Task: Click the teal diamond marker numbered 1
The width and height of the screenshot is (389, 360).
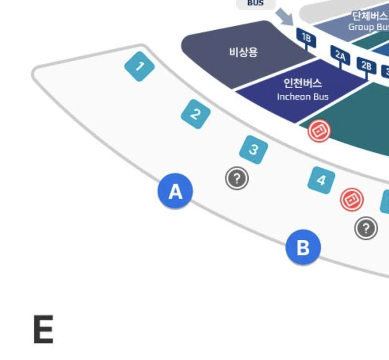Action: tap(139, 66)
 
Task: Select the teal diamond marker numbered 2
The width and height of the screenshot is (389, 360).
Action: tap(196, 114)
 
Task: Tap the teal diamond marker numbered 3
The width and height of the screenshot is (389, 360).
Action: tap(253, 149)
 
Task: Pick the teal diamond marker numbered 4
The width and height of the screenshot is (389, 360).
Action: tap(321, 180)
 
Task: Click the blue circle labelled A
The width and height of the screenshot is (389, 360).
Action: tap(175, 191)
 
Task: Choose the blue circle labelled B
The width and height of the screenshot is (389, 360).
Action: tap(303, 248)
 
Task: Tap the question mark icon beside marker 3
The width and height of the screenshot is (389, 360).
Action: tap(237, 178)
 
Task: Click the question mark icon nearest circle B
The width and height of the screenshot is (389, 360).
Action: tap(366, 228)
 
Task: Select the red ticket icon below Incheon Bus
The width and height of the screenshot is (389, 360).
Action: tap(319, 130)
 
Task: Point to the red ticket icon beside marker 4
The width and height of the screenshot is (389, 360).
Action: tap(352, 200)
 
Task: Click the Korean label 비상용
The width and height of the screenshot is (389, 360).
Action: tap(244, 53)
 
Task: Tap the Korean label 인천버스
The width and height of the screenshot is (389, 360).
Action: tap(303, 83)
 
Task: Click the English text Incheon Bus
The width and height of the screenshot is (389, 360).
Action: tap(303, 96)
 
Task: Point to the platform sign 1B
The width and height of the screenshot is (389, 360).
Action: tap(306, 38)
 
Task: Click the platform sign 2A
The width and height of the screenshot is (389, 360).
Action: tap(340, 55)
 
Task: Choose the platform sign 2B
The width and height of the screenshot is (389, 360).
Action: tap(366, 65)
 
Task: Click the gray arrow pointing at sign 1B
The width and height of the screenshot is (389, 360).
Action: tap(284, 18)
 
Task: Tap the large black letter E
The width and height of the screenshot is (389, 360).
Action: tap(43, 329)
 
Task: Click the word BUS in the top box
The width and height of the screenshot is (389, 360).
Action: tap(255, 3)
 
